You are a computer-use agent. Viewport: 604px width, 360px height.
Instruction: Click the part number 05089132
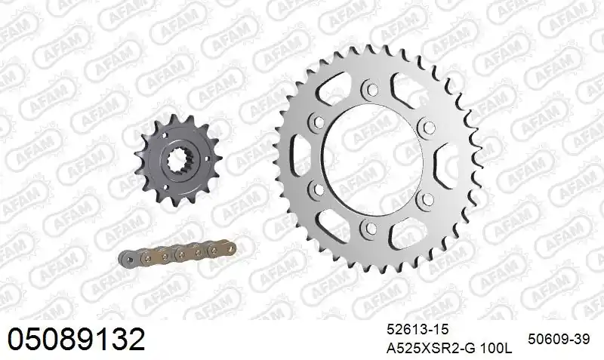tap(77, 339)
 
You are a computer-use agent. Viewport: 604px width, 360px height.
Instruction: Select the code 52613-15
tap(418, 330)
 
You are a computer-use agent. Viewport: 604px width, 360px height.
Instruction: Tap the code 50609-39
tap(559, 339)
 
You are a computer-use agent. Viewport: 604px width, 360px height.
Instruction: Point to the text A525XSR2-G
tap(431, 349)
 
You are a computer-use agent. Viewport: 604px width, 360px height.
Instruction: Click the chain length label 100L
tap(496, 349)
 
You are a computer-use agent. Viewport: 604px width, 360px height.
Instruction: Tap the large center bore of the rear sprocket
tap(371, 159)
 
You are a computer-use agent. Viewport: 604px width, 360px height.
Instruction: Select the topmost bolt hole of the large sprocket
tap(371, 90)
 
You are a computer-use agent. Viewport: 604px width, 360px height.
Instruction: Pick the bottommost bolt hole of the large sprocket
tap(371, 229)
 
